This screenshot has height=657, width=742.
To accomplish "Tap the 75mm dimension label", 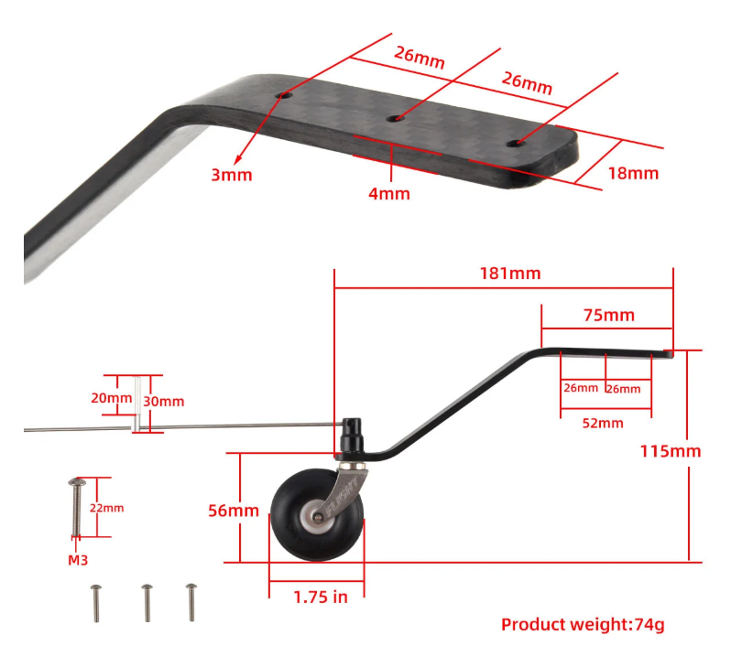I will pyautogui.click(x=608, y=315).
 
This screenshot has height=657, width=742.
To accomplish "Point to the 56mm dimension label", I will pyautogui.click(x=234, y=510).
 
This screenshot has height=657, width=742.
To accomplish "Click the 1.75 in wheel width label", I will pyautogui.click(x=320, y=597).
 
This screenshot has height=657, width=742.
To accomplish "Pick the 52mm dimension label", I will pyautogui.click(x=604, y=423).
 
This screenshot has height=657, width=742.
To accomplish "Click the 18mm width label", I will pyautogui.click(x=632, y=172).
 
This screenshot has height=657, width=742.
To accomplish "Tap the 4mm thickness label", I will pyautogui.click(x=390, y=193).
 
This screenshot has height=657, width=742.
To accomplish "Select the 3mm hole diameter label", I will pyautogui.click(x=231, y=174).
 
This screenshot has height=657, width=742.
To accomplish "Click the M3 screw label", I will pyautogui.click(x=78, y=560).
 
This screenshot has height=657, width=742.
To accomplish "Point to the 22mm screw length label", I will pyautogui.click(x=108, y=508).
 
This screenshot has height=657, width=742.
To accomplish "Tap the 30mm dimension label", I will pyautogui.click(x=165, y=401).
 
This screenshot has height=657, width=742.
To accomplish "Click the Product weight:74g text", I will pyautogui.click(x=582, y=625).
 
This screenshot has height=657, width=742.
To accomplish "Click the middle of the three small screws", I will pyautogui.click(x=146, y=601).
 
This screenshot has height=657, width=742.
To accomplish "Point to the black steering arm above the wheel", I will pyautogui.click(x=353, y=436).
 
